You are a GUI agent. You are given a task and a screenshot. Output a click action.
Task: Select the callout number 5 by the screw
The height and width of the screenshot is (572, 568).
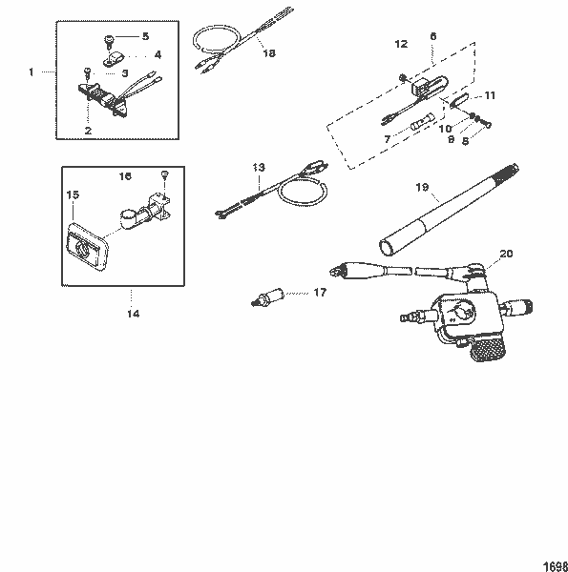(x=145, y=36)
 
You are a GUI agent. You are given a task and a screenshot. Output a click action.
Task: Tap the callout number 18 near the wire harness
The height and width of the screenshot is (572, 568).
(x=268, y=54)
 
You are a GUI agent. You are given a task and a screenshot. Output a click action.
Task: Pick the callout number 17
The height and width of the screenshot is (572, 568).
(x=319, y=293)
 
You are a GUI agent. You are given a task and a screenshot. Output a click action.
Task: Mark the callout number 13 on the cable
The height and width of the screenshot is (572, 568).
(x=258, y=168)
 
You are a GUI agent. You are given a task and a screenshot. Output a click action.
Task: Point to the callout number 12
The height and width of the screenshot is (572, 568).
(x=401, y=44)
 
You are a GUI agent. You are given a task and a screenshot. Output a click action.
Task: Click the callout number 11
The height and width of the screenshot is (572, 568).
(x=490, y=95)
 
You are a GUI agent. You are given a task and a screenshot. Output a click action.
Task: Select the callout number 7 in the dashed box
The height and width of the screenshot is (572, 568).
(x=387, y=139)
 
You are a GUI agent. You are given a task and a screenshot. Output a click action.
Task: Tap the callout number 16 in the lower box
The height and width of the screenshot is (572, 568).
(x=125, y=176)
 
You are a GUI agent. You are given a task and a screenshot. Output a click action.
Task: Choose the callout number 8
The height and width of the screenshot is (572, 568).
(x=465, y=141)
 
